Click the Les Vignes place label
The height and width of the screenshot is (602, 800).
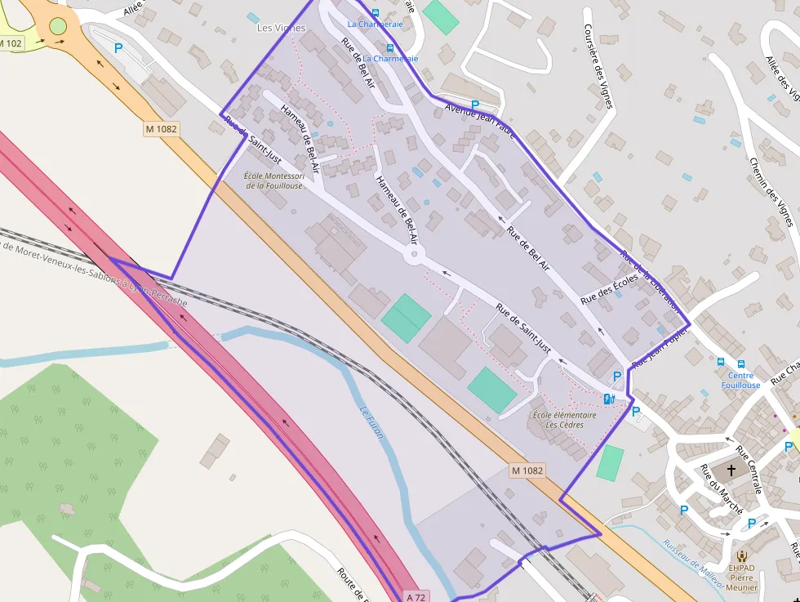tap(281, 28)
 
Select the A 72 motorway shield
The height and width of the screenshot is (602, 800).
tap(416, 596)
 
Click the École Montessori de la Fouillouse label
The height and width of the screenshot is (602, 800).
tap(275, 181)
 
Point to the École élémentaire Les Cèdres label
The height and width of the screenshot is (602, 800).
tap(564, 420)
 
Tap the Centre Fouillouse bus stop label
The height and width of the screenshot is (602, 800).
tap(740, 381)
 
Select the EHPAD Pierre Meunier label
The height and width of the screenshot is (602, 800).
tap(741, 576)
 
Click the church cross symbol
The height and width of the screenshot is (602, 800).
tap(731, 470)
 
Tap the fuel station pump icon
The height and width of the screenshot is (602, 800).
tap(608, 399)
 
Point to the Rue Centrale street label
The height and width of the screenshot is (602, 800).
tap(749, 470)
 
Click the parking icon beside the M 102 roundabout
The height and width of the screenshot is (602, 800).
tap(118, 48)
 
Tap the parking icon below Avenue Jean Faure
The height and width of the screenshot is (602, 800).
tap(474, 105)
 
